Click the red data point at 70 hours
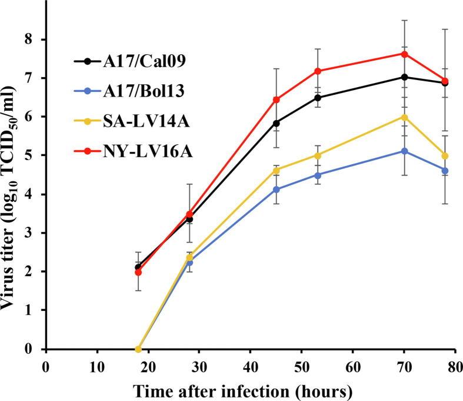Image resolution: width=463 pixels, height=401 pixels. [404, 54]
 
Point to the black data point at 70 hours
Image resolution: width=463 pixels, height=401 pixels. [404, 77]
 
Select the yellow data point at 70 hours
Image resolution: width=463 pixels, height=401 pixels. [404, 117]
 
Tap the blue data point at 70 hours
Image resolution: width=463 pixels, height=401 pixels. [404, 151]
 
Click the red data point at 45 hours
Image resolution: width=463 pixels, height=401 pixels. [276, 100]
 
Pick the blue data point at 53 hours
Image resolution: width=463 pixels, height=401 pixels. [318, 175]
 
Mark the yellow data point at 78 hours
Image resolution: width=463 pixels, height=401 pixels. [445, 156]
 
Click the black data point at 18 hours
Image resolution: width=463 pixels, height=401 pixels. [138, 267]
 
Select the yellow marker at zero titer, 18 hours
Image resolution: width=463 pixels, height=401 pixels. [138, 349]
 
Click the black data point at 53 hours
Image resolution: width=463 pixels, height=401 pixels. [318, 98]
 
